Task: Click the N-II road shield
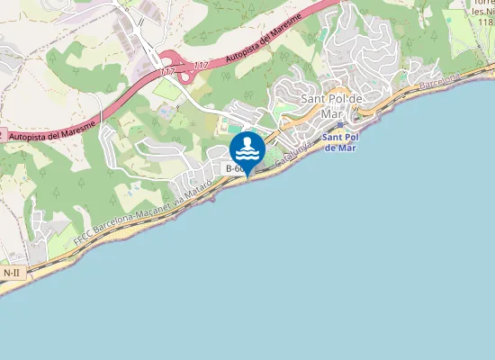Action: click(x=12, y=272)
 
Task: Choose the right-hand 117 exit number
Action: click(x=200, y=65)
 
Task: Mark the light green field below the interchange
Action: click(x=167, y=90)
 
